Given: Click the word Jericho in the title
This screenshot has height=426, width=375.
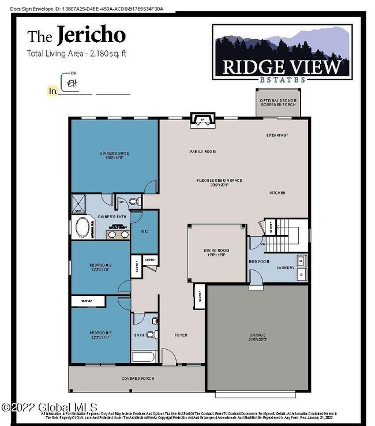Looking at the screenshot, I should tap(91, 36).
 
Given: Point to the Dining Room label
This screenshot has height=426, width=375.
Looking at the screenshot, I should tap(217, 252).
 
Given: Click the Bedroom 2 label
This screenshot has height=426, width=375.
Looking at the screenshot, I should tap(100, 267).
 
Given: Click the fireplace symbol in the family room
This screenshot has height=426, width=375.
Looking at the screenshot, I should tap(201, 121).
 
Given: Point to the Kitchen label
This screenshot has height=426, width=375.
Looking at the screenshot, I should tap(277, 193).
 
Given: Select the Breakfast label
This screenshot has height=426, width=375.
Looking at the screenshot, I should tap(277, 135).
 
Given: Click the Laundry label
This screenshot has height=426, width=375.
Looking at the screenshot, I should tap(286, 267).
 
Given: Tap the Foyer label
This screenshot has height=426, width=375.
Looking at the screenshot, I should tap(181, 335).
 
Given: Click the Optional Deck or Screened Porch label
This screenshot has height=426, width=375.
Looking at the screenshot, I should tap(278, 103).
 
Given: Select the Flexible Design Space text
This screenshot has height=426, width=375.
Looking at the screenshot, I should tap(219, 182).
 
